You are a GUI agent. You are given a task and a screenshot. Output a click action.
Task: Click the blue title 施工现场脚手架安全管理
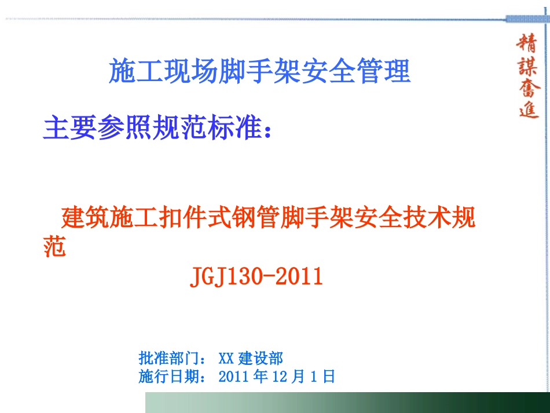[260, 71]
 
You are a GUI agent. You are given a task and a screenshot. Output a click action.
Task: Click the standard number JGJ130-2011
[256, 277]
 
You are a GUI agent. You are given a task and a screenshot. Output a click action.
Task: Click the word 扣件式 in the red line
[198, 218]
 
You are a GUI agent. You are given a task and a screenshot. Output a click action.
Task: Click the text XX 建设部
[251, 358]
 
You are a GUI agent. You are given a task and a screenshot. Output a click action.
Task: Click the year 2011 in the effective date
[236, 377]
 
